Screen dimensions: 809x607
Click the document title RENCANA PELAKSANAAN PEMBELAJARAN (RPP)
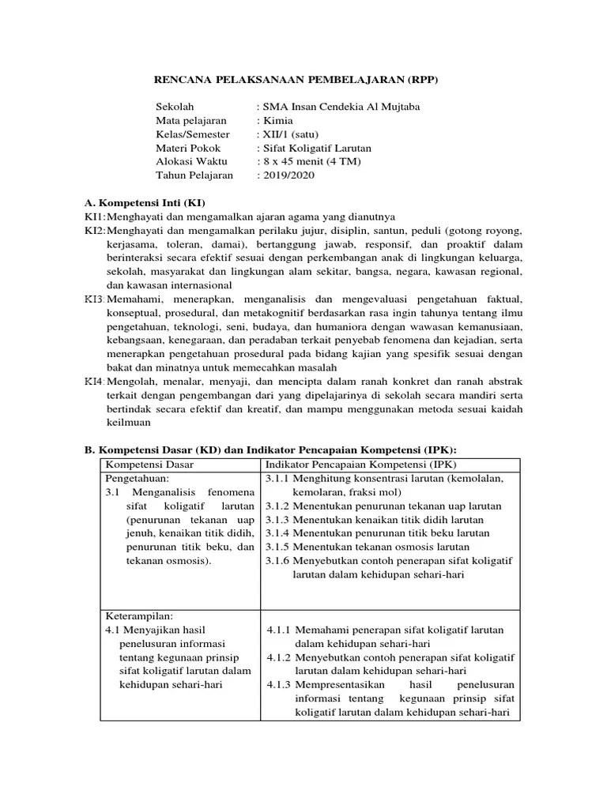coord(296,80)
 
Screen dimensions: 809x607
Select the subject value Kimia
coord(277,120)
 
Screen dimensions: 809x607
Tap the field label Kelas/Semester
coord(193,134)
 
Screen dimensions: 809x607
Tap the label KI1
coord(94,216)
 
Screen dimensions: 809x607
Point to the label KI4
coord(94,381)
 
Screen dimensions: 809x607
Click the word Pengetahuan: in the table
coord(137,478)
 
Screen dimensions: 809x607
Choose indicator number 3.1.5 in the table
coord(277,547)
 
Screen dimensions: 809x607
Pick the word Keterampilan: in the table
coord(139,615)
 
